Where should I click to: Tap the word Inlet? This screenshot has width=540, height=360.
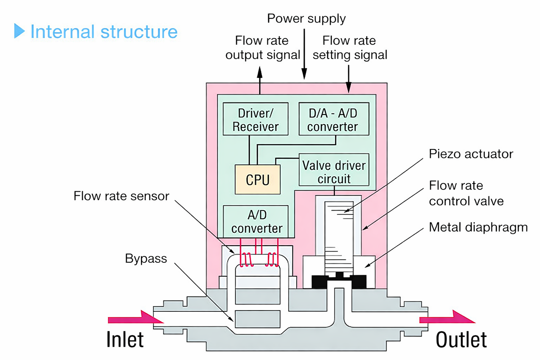point(125,340)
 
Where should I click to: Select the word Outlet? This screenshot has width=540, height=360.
point(461,340)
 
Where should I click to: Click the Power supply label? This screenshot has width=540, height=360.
point(306,18)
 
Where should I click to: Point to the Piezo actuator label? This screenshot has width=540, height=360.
point(471,154)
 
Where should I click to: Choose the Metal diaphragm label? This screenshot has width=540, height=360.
point(478,227)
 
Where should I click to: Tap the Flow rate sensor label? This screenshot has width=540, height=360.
point(121,196)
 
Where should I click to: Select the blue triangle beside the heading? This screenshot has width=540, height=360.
point(19,31)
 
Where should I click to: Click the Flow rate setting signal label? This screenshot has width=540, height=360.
point(349,48)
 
